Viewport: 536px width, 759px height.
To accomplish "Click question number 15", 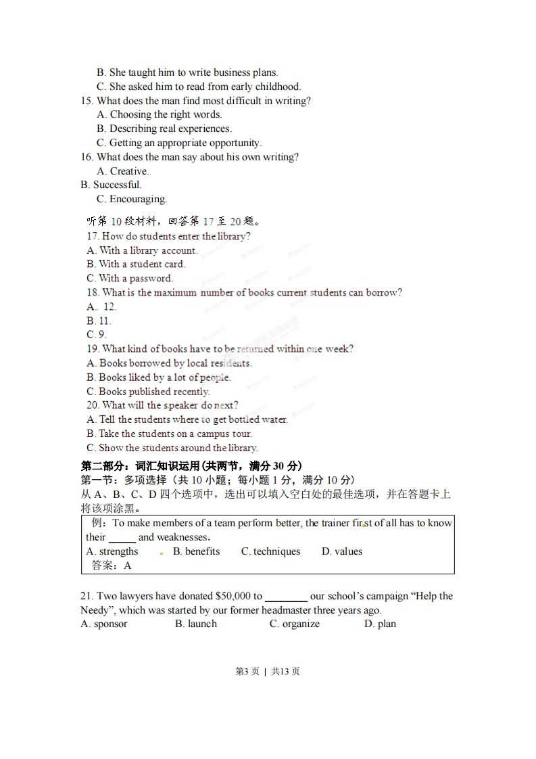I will click(x=87, y=101).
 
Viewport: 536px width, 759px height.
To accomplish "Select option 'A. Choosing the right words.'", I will click(x=159, y=114).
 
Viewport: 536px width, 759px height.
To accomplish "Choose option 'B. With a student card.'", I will click(x=135, y=264).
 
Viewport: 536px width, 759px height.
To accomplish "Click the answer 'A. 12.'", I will click(x=101, y=306).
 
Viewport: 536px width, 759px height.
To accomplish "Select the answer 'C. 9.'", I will click(x=96, y=334).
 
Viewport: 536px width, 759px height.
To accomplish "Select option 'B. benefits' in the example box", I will click(x=196, y=551).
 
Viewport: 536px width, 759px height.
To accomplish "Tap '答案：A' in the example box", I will click(x=111, y=566).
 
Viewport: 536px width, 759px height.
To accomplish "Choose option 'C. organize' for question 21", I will click(x=294, y=624).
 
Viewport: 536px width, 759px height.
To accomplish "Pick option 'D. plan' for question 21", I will click(x=380, y=624).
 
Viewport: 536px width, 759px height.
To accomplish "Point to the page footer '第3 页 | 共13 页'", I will click(x=268, y=671).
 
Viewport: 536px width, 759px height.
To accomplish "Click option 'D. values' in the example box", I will click(x=342, y=551).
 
